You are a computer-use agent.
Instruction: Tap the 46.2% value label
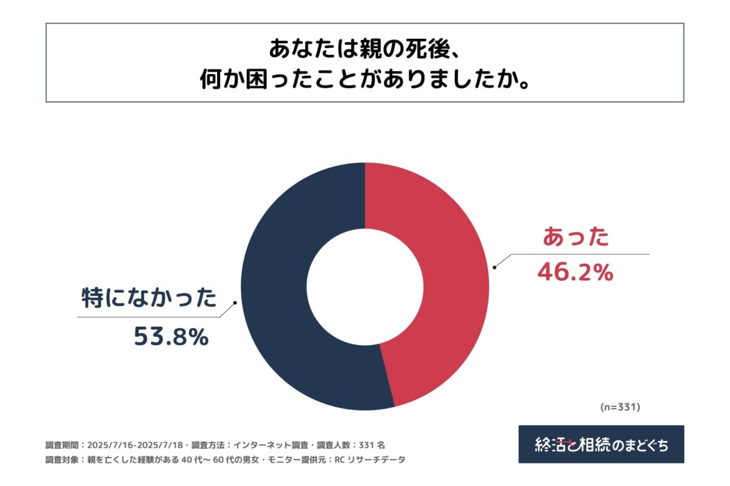coord(574,273)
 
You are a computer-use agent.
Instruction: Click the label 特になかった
coord(149,299)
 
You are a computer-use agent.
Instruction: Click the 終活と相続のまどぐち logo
coord(601,444)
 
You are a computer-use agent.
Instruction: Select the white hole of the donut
coord(365,286)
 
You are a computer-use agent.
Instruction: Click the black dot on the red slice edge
coord(495,267)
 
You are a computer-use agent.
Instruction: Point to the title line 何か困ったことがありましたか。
coord(364,80)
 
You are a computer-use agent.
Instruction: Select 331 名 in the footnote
coord(371,444)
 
